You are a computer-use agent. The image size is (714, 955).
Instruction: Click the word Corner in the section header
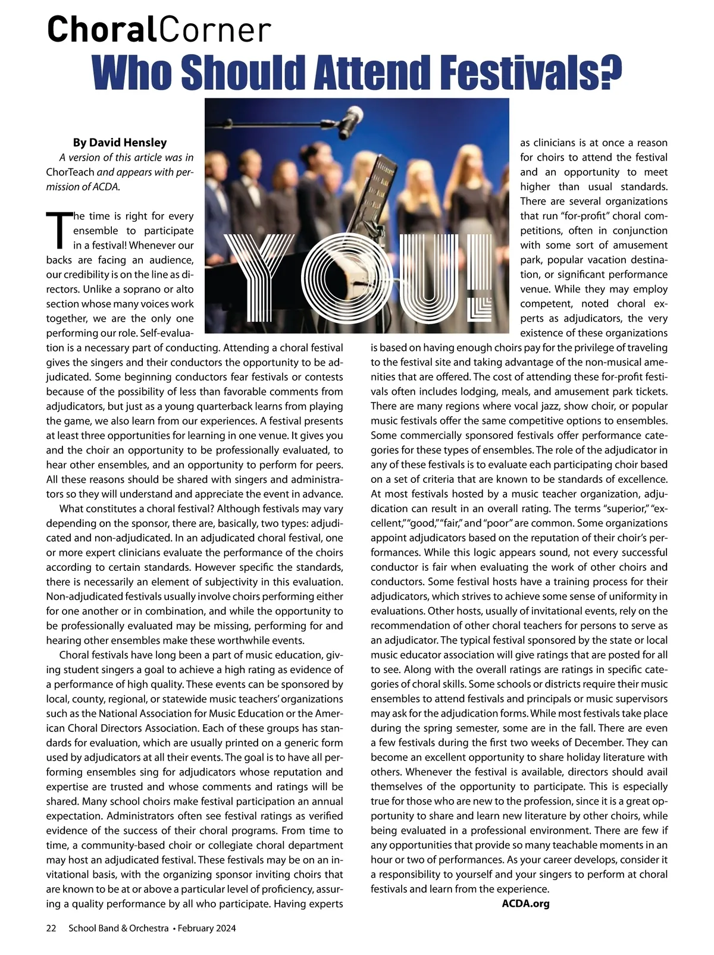215,30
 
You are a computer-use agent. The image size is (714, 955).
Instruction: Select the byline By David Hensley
120,143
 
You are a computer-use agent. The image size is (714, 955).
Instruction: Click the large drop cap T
58,230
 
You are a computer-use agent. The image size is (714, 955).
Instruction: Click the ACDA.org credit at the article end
525,904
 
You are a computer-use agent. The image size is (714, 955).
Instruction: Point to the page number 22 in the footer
51,928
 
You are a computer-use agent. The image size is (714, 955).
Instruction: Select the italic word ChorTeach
70,172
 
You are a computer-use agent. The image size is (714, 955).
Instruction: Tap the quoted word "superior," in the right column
624,509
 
